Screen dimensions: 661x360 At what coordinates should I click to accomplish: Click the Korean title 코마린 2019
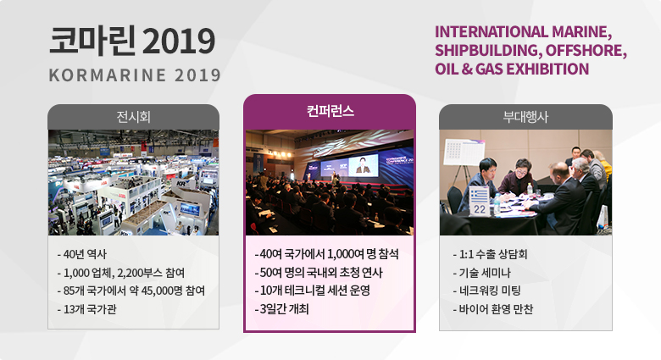point(132,41)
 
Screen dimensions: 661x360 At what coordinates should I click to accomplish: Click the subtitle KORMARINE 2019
point(135,75)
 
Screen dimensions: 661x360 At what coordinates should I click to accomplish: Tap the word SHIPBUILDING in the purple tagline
point(487,51)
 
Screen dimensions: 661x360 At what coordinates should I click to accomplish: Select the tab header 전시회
point(133,117)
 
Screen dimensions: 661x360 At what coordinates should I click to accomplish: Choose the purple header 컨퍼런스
point(330,111)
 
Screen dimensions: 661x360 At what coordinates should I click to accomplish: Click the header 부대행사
point(525,117)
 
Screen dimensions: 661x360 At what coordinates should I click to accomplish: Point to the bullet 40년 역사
point(82,254)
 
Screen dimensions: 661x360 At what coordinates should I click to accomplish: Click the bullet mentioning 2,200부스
point(121,273)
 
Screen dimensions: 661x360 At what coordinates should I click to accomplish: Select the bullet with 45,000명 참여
point(131,291)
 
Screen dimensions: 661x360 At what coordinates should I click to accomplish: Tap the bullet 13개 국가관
point(86,309)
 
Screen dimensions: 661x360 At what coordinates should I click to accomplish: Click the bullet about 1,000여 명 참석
point(327,254)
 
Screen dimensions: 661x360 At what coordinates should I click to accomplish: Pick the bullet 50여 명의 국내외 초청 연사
point(319,272)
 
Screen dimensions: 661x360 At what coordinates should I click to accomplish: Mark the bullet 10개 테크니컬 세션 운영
point(313,291)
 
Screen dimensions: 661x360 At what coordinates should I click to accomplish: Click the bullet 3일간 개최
point(281,309)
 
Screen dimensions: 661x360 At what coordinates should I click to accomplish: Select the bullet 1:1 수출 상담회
point(490,254)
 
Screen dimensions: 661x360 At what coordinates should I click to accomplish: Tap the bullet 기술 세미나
point(481,273)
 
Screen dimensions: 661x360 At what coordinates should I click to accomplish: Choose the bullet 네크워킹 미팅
point(487,291)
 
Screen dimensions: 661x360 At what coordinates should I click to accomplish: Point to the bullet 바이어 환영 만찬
point(493,309)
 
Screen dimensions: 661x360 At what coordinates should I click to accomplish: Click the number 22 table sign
point(480,202)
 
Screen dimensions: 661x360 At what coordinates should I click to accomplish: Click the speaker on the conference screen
point(363,166)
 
